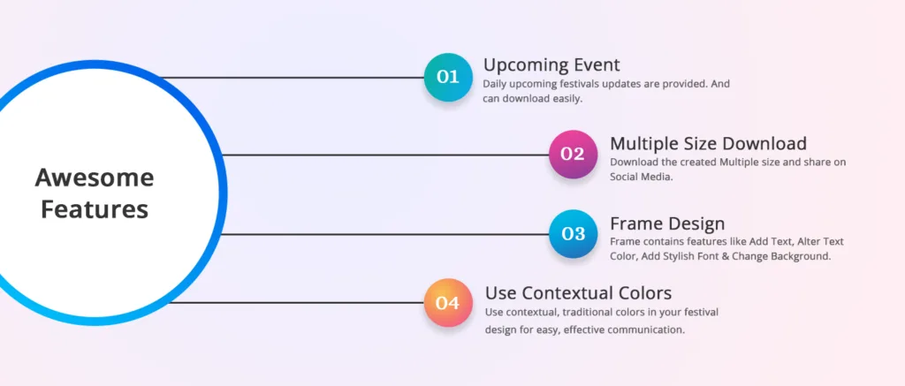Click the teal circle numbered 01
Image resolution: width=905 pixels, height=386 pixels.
click(x=448, y=78)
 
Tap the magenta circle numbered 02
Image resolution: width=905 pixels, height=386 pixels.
click(x=573, y=154)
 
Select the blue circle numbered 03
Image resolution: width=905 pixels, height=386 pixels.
click(x=573, y=234)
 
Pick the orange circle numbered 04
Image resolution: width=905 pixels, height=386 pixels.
click(x=448, y=303)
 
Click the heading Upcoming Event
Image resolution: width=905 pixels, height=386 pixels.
click(x=551, y=64)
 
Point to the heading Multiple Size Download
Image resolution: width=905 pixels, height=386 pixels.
click(x=708, y=143)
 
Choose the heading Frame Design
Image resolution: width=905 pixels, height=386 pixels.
click(x=667, y=223)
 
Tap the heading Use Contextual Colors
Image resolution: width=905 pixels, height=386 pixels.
click(x=578, y=293)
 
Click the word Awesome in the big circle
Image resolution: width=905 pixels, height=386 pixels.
click(x=95, y=178)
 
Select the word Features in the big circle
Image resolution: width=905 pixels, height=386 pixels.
click(x=95, y=209)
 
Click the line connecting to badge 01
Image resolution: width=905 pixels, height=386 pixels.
click(x=292, y=78)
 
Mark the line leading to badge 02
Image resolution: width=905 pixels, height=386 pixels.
click(x=385, y=155)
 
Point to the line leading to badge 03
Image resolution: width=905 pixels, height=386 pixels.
click(x=385, y=234)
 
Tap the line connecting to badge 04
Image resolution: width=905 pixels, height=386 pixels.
click(x=296, y=302)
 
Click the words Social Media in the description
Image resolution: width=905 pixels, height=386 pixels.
click(x=642, y=178)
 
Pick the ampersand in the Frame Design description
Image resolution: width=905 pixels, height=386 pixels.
click(x=725, y=256)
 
